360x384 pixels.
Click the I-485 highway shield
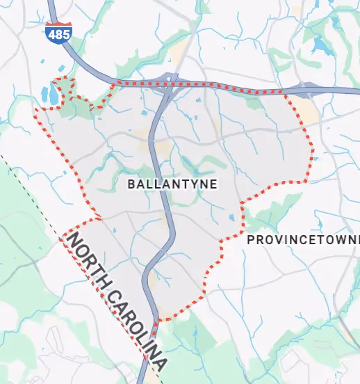pos(59,33)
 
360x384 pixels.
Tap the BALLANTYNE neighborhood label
pos(173,184)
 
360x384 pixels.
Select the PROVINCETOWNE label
pos(303,240)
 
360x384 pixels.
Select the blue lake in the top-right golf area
pos(321,45)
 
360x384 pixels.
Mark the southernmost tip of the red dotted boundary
pos(159,321)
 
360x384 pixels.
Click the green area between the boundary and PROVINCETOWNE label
pos(268,212)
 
